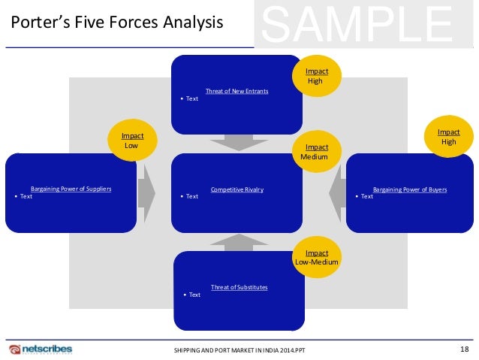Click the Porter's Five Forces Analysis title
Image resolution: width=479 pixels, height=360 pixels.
[116, 23]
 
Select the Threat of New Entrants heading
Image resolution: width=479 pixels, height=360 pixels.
[236, 91]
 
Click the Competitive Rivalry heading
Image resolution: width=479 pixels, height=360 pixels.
[237, 189]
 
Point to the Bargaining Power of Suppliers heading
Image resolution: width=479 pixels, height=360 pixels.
[71, 189]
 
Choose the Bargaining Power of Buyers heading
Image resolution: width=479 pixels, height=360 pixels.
[409, 189]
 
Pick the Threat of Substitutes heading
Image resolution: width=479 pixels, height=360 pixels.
[239, 287]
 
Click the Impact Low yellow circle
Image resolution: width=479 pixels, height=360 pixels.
[132, 141]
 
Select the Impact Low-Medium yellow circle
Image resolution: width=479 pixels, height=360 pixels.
[315, 258]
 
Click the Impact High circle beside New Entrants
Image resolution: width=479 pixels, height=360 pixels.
[315, 76]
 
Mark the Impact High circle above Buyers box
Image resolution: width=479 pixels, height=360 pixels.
[449, 136]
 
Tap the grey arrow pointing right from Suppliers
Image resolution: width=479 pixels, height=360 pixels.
[146, 192]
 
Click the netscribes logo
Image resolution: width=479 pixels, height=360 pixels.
[44, 350]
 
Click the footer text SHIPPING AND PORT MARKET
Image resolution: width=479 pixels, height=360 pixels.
[235, 351]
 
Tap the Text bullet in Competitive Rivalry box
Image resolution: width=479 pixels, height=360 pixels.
[191, 197]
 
